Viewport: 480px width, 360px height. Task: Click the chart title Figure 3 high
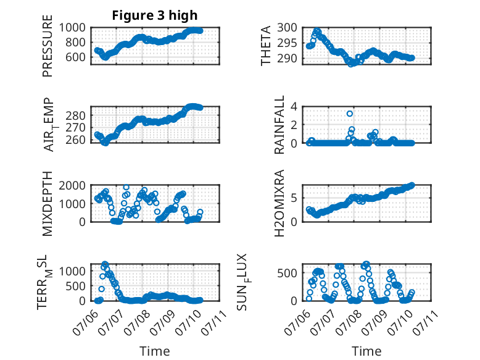(x=155, y=15)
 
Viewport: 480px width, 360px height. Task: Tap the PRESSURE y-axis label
(x=48, y=46)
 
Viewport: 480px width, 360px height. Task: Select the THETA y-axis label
(x=266, y=46)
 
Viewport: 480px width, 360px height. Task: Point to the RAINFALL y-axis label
(x=279, y=125)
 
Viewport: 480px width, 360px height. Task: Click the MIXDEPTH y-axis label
(x=48, y=204)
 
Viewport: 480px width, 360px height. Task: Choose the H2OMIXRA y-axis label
(x=279, y=203)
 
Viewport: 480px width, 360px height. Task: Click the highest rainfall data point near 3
(x=350, y=114)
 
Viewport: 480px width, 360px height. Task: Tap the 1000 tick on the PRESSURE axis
(x=72, y=28)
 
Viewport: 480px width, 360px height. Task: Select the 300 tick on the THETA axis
(x=287, y=28)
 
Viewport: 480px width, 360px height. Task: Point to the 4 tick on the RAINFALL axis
(x=294, y=107)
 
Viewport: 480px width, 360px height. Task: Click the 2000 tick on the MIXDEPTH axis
(x=72, y=185)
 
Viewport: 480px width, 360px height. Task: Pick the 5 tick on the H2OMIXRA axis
(x=294, y=198)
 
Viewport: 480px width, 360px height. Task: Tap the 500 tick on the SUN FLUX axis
(x=287, y=273)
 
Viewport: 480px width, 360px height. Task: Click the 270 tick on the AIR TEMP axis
(x=76, y=127)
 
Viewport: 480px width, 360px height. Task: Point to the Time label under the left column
(x=155, y=351)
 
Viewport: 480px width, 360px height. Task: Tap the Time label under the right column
(x=366, y=351)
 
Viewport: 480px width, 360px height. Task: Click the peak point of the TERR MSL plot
(x=105, y=264)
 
